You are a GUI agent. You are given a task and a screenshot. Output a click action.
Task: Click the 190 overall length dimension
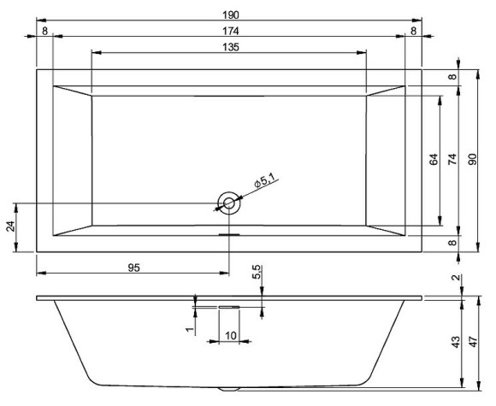click(x=228, y=14)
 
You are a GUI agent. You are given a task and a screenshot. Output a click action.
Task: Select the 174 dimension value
click(x=228, y=31)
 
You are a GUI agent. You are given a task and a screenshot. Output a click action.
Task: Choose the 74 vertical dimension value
click(x=452, y=159)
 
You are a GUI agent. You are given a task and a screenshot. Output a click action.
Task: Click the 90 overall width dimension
click(x=472, y=159)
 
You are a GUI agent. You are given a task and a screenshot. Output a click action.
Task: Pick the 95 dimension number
click(x=133, y=268)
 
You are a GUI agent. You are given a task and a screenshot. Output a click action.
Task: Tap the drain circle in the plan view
click(x=229, y=203)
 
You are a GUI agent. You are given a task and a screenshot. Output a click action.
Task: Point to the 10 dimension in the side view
click(x=231, y=335)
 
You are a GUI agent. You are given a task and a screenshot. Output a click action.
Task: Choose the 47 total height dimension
click(x=472, y=341)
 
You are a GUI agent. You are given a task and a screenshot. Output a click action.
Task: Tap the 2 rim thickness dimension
click(x=455, y=277)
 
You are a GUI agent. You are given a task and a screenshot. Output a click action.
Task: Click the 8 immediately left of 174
click(x=44, y=31)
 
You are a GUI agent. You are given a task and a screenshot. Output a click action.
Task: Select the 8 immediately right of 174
click(x=413, y=31)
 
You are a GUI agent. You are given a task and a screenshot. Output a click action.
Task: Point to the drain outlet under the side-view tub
click(x=229, y=388)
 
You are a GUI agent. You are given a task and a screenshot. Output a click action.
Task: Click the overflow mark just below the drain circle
click(x=229, y=230)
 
